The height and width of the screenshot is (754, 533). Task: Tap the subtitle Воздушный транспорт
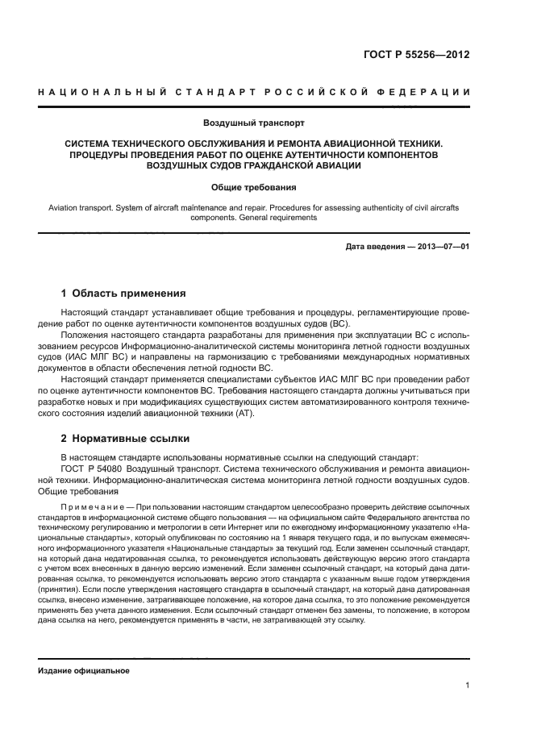[254, 124]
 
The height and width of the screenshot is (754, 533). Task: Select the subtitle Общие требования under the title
[254, 187]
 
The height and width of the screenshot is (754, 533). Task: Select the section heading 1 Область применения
[123, 294]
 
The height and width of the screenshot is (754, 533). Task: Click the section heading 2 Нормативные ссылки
[125, 439]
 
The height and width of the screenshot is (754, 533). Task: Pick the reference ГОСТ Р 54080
[91, 468]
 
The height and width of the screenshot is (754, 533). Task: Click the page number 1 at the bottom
[468, 685]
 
